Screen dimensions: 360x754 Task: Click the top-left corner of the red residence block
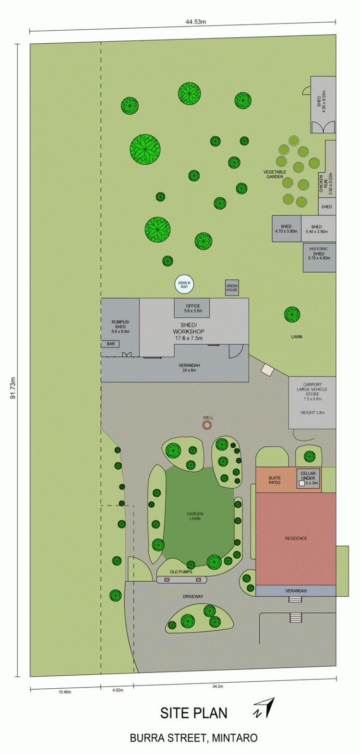point(256,493)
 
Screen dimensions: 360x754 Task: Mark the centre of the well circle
point(207,425)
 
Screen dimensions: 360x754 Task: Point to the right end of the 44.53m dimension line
point(336,23)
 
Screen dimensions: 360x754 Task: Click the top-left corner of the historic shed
point(303,243)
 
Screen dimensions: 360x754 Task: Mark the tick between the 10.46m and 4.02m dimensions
point(100,687)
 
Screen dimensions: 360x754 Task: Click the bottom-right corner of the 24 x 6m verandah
point(249,382)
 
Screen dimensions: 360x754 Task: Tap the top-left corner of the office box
point(174,298)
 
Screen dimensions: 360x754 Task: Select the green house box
point(232,288)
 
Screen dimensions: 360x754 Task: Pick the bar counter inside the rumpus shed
point(110,344)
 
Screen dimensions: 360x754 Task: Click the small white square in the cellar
point(302,483)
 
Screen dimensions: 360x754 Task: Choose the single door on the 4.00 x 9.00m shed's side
point(307,91)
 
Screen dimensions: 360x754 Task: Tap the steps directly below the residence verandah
point(295,599)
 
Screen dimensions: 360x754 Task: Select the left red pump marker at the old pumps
point(167,580)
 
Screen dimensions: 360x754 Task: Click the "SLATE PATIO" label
point(275,480)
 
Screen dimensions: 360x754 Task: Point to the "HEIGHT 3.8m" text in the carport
point(312,412)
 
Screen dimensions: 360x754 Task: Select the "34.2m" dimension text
point(217,686)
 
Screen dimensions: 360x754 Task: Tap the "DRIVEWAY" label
point(193,597)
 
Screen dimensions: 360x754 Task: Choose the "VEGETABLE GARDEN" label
point(275,174)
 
